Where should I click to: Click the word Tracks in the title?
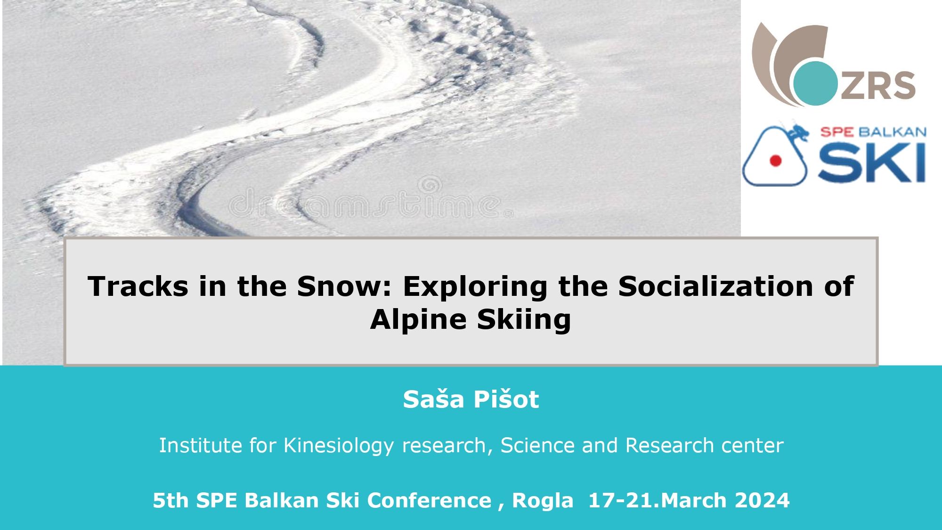pos(138,286)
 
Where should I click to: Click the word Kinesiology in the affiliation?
pos(338,446)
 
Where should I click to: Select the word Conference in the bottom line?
pos(429,500)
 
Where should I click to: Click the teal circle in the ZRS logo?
pos(815,83)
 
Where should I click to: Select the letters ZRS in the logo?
pos(877,86)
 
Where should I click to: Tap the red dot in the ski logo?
pos(775,161)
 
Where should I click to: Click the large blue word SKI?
pos(871,163)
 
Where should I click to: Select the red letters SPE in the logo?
pos(836,132)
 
